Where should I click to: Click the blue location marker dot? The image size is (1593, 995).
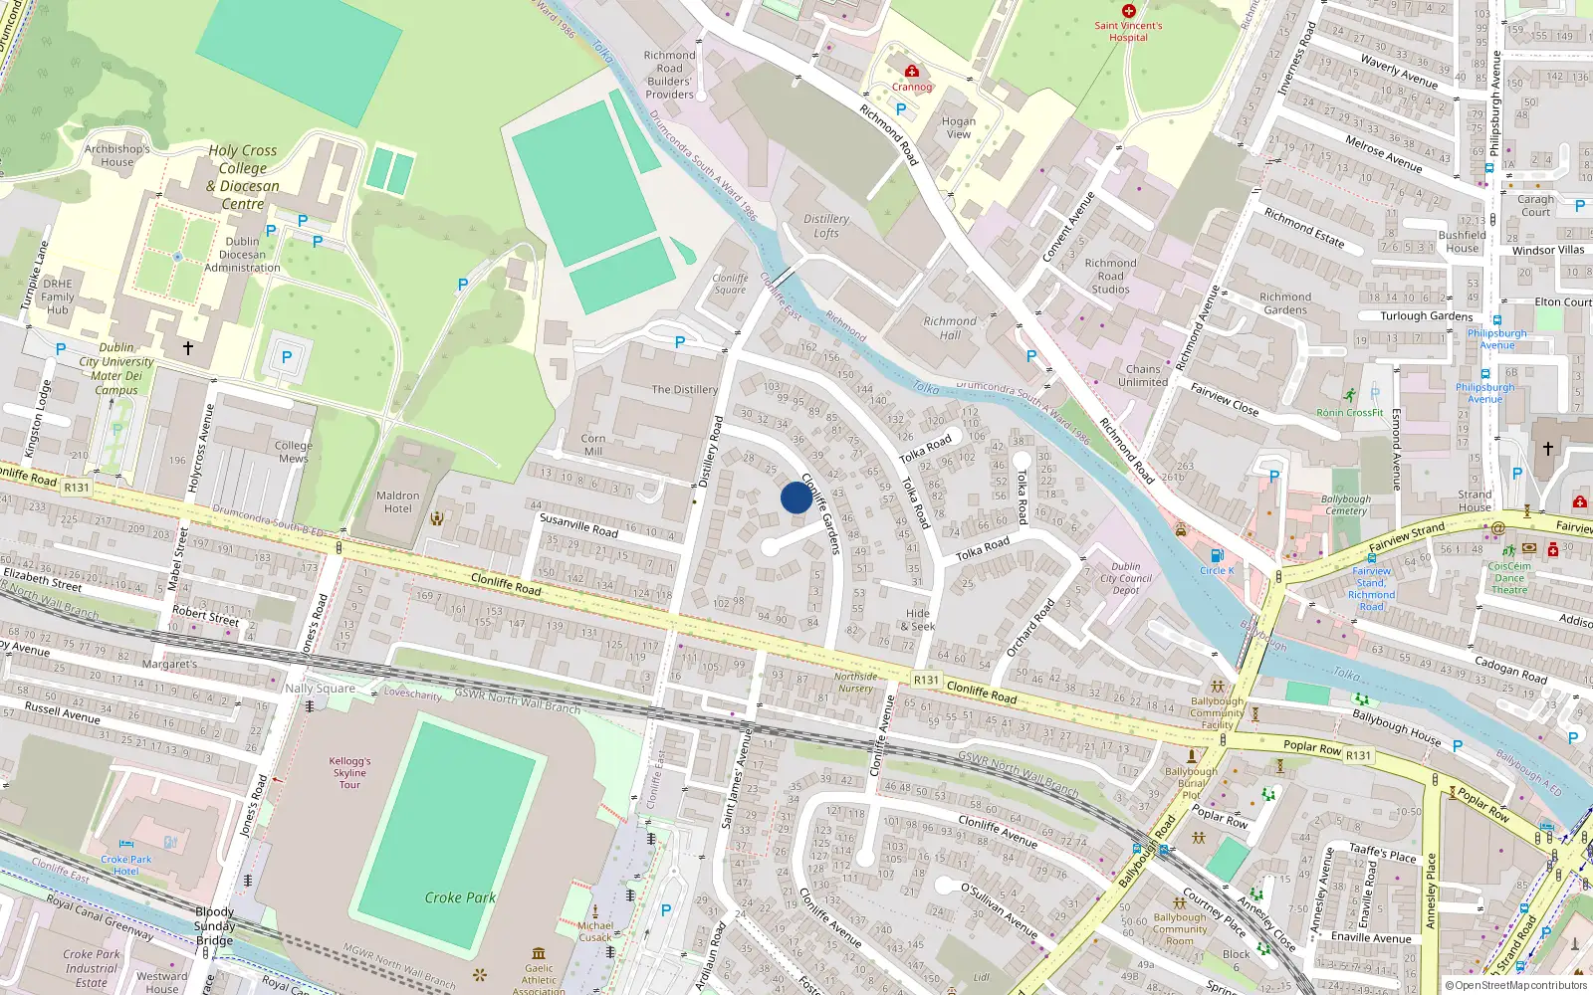(796, 497)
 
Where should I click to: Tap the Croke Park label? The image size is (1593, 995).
(460, 897)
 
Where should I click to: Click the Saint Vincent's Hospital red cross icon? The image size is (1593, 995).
(1128, 11)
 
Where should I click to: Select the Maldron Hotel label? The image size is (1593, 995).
(397, 502)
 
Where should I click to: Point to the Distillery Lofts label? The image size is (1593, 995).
(826, 226)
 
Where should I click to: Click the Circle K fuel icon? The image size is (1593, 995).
(1216, 556)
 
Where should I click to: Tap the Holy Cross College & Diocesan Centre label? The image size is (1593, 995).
(243, 177)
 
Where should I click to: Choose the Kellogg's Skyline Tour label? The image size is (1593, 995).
(349, 773)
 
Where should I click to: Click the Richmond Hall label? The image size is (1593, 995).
(950, 328)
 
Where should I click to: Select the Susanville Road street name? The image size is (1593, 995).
(578, 525)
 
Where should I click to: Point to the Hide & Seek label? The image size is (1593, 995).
(918, 620)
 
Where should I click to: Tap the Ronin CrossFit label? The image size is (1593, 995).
(1349, 412)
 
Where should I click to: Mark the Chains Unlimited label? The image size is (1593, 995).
(1143, 375)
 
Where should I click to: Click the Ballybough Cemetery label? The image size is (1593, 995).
(1345, 504)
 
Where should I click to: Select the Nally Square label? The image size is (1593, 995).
(320, 689)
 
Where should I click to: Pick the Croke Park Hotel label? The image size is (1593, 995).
(126, 865)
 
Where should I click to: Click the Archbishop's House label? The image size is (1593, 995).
(116, 155)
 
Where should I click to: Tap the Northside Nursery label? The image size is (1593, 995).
(855, 683)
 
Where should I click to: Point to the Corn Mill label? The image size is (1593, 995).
(593, 445)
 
